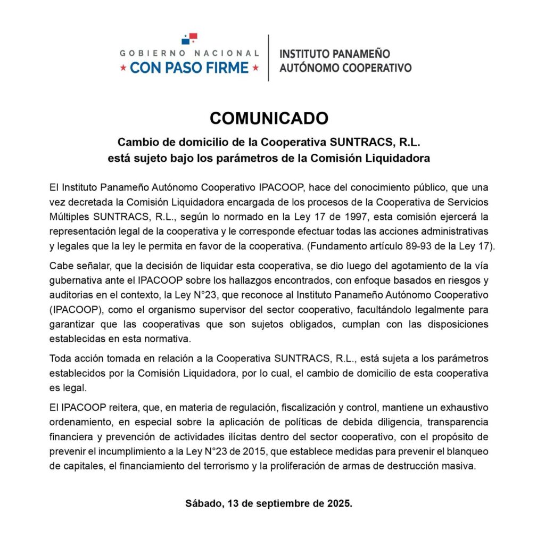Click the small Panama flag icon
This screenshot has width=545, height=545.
point(189,38)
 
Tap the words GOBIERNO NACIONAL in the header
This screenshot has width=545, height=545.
point(189,53)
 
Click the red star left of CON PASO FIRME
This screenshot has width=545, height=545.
point(123,68)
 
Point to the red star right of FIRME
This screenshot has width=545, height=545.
point(255,68)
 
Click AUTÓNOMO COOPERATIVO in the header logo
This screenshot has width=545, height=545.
point(345,68)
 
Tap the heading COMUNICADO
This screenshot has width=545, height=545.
point(269,118)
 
